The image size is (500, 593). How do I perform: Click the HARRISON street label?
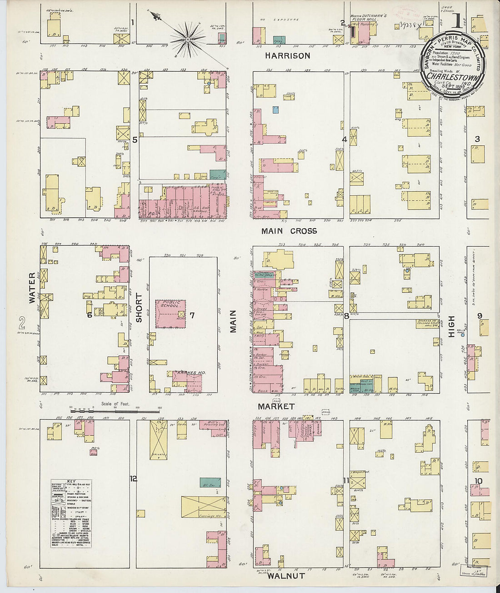(288, 56)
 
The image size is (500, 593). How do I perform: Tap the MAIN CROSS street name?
(289, 231)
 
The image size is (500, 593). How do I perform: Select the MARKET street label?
(276, 406)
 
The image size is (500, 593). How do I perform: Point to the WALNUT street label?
(285, 576)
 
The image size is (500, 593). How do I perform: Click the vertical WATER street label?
(32, 288)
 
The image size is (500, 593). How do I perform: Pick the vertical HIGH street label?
(451, 326)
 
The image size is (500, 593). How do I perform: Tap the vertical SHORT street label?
(139, 308)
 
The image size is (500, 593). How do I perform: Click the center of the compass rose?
(187, 40)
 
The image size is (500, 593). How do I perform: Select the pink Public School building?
(171, 314)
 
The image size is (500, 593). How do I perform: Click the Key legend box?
(71, 513)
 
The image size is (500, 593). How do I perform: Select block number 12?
(133, 478)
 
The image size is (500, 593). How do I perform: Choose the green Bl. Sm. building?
(210, 483)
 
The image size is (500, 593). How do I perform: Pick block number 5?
(135, 140)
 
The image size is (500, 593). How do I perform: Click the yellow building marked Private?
(159, 439)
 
